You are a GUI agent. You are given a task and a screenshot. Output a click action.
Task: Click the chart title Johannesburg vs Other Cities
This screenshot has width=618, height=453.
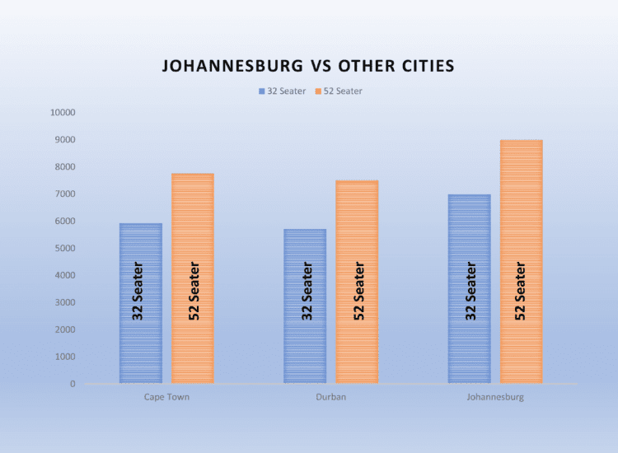tap(307, 66)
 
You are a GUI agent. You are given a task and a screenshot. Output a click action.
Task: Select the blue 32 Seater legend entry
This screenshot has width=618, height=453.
tap(282, 91)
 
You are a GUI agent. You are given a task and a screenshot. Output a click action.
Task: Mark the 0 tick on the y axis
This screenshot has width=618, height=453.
tap(72, 384)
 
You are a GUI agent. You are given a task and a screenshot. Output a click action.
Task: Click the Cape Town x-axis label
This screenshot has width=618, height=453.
tap(166, 397)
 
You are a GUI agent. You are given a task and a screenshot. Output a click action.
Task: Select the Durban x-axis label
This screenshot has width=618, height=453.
tap(330, 397)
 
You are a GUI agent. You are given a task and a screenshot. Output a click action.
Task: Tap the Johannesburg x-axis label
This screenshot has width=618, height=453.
tap(494, 397)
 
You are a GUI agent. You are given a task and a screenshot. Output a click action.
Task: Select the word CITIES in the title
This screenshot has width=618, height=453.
tap(422, 66)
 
